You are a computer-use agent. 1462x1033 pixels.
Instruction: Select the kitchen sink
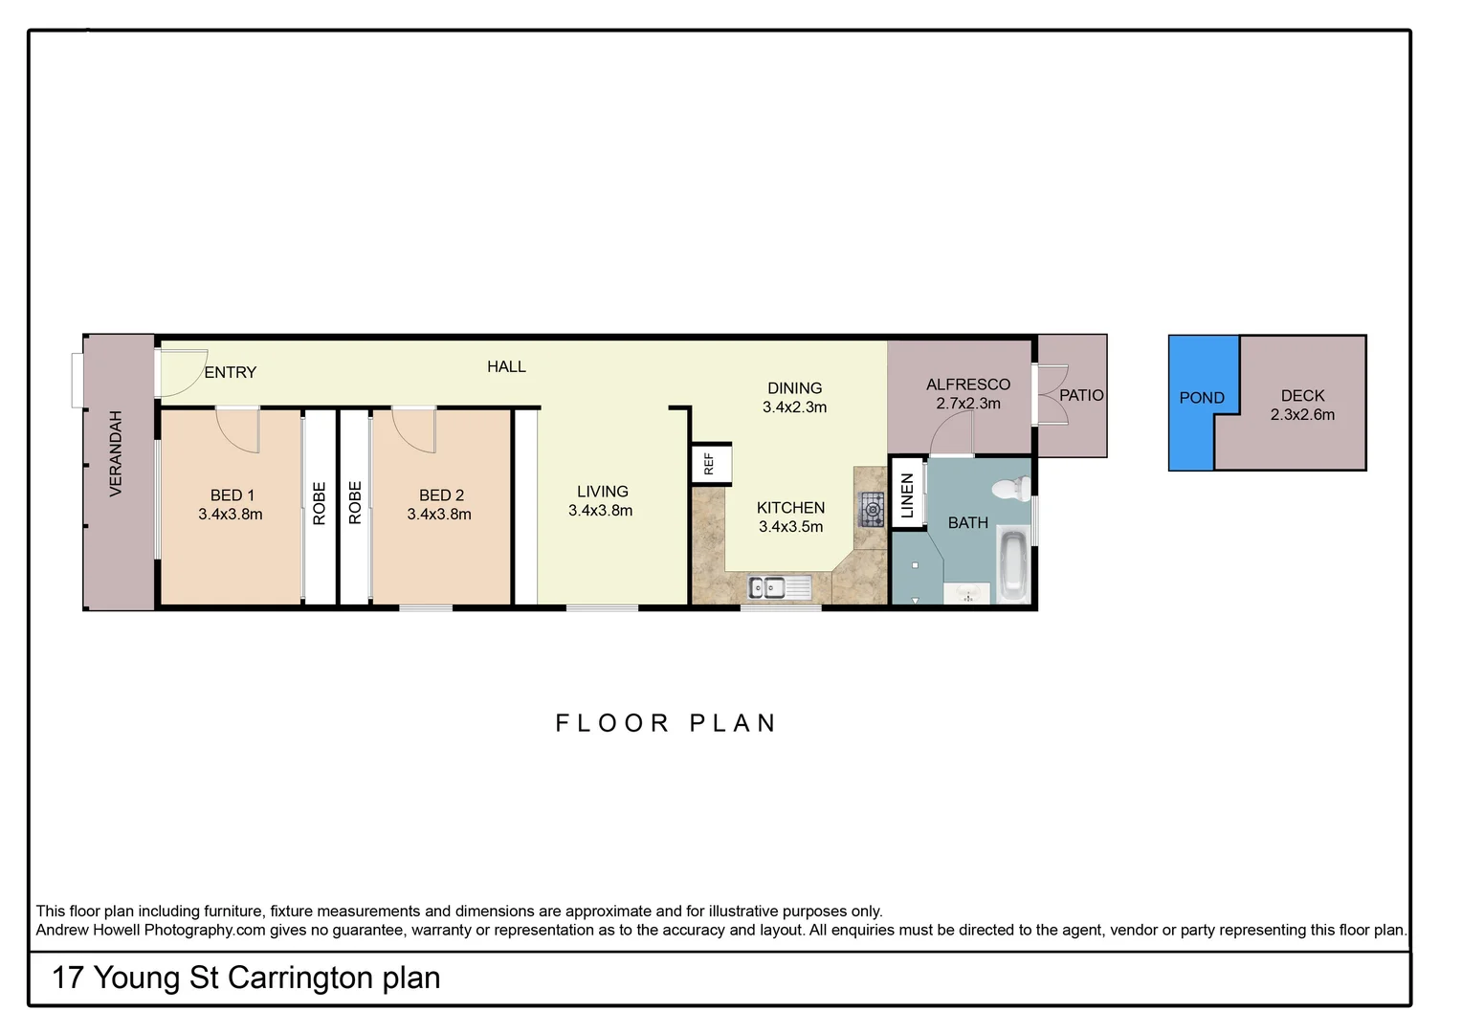coord(780,587)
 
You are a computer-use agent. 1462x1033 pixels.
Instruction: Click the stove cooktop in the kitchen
coord(872,510)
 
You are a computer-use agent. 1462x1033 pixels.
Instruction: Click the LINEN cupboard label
coord(908,495)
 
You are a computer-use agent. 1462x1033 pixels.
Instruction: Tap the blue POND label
coord(1202,397)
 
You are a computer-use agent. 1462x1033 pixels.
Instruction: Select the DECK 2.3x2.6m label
coord(1303,405)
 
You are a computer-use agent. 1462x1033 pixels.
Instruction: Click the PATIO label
coord(1081,395)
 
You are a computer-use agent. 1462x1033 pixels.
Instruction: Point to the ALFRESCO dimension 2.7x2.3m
coord(968,404)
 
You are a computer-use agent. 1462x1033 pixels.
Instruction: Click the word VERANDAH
coord(116,453)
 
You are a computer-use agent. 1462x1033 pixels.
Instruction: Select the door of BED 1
coord(238,429)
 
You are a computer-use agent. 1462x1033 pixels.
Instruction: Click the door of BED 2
coord(413,429)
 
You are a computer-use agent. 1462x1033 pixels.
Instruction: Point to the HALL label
coord(506,366)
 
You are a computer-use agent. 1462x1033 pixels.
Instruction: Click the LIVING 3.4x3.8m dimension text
coord(601,511)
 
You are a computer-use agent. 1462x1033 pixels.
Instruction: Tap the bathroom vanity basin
coord(966,593)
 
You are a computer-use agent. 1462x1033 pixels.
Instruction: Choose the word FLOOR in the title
coord(612,723)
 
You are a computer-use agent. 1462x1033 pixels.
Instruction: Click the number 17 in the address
coord(67,978)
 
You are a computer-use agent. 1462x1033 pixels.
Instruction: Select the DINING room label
coord(794,388)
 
